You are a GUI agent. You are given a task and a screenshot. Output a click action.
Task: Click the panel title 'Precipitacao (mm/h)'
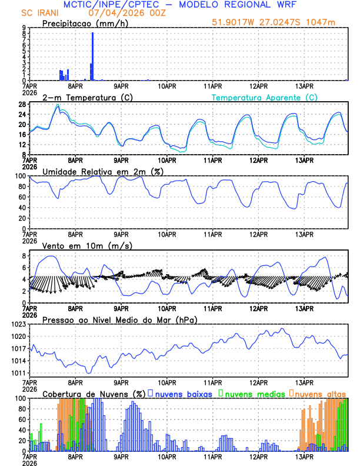pyautogui.click(x=82, y=24)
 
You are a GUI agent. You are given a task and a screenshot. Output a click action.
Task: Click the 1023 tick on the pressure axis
pyautogui.click(x=18, y=324)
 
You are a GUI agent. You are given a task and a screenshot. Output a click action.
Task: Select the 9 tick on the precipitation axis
pyautogui.click(x=24, y=28)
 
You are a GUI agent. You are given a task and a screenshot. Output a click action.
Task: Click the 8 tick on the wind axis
pyautogui.click(x=24, y=256)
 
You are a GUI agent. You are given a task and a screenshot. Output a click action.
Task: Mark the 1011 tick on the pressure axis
pyautogui.click(x=18, y=373)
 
